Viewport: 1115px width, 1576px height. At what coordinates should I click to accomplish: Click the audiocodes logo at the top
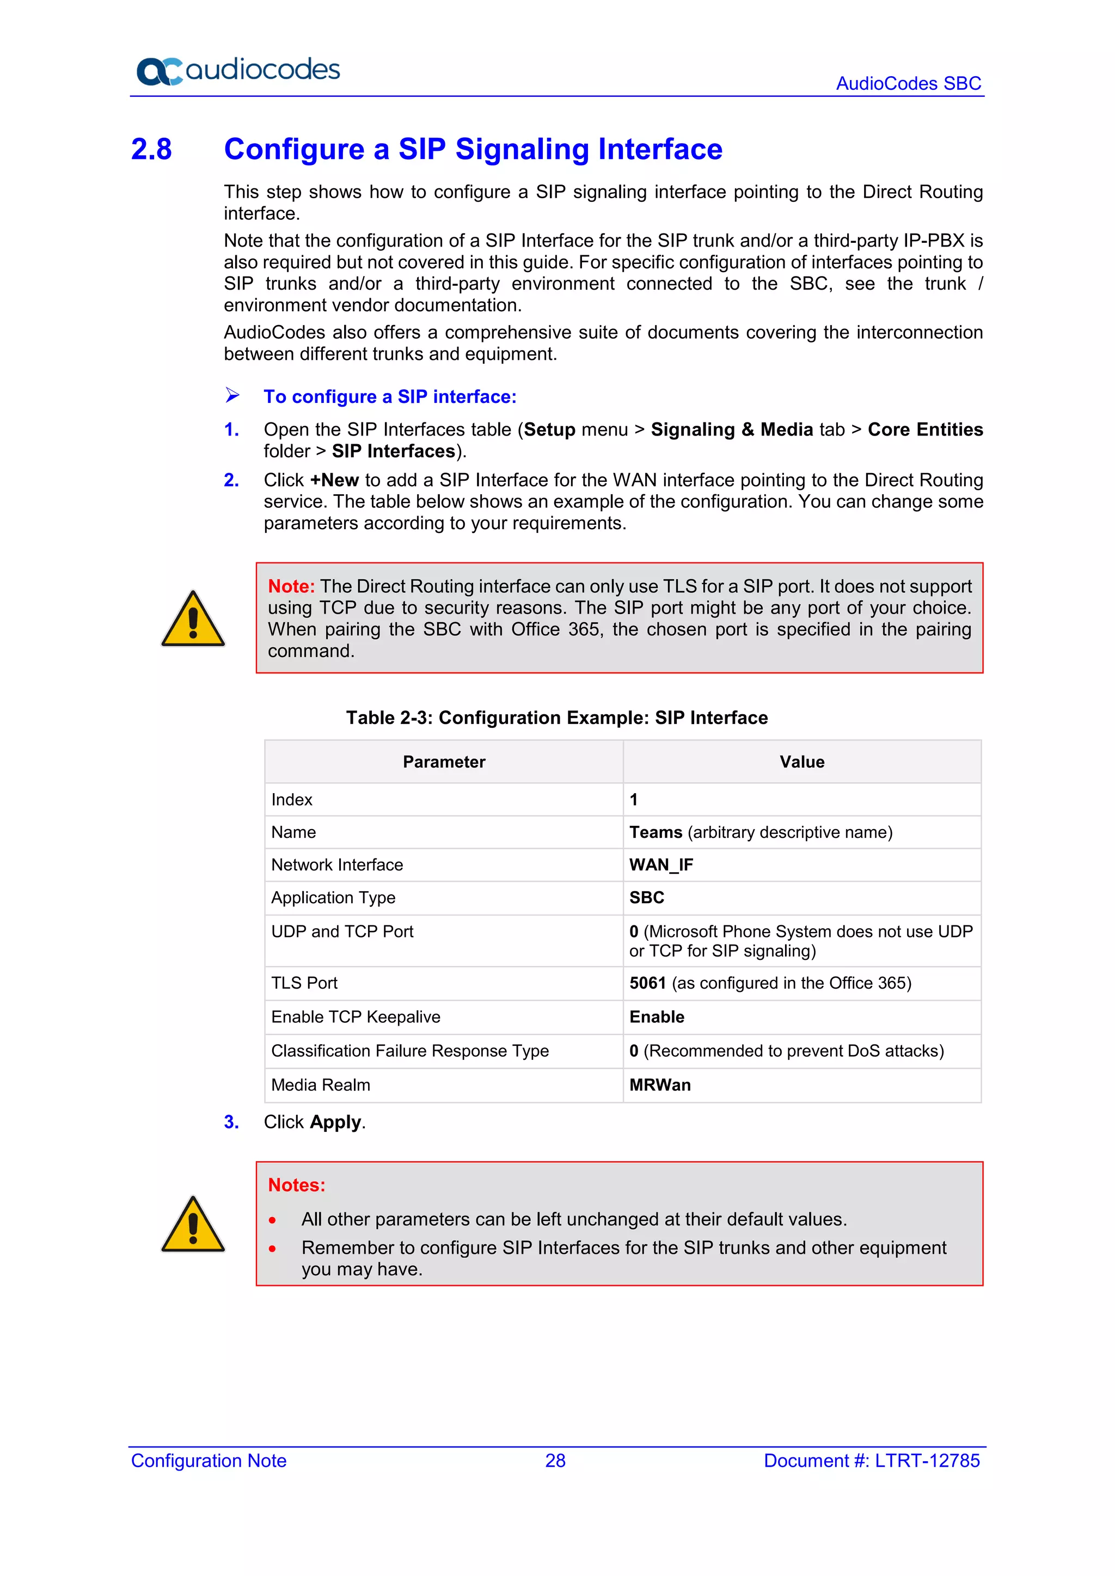click(237, 70)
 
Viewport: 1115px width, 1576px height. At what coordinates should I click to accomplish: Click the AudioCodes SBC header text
click(908, 83)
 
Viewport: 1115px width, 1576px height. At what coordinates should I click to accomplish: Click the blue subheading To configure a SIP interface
click(389, 397)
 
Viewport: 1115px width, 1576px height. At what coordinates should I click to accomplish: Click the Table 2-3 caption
click(556, 718)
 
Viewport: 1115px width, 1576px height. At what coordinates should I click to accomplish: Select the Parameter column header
click(444, 762)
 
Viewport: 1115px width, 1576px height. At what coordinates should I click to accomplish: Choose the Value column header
click(801, 762)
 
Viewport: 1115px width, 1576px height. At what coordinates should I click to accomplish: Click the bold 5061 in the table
click(647, 983)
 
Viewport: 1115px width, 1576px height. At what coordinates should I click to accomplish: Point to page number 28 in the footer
click(555, 1460)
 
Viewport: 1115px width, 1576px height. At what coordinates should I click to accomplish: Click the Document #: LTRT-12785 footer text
click(871, 1460)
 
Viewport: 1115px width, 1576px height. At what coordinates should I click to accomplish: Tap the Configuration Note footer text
click(209, 1460)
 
